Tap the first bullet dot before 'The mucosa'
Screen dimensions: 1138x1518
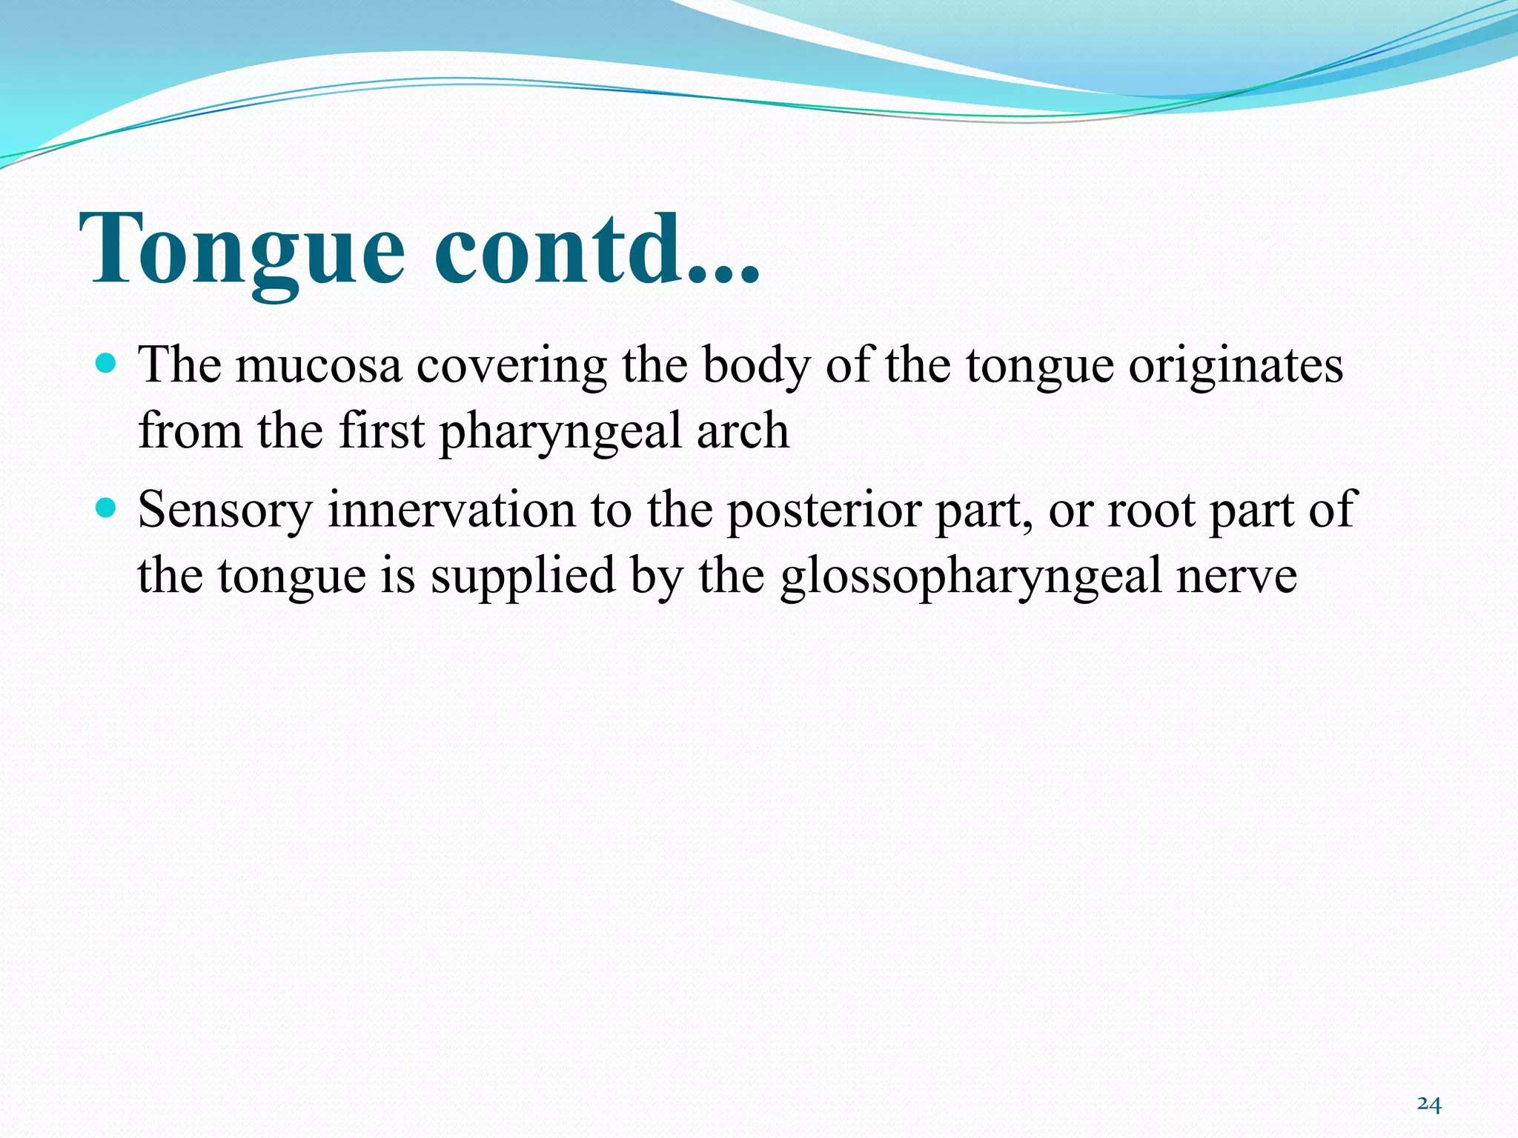pyautogui.click(x=107, y=364)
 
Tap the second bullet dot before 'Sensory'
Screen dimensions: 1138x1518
pyautogui.click(x=107, y=508)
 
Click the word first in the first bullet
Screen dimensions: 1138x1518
pyautogui.click(x=381, y=430)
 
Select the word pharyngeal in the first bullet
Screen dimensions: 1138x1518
pyautogui.click(x=560, y=432)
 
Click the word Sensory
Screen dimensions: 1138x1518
pyautogui.click(x=225, y=510)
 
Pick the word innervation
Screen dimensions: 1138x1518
pyautogui.click(x=451, y=510)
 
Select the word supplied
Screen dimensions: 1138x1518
pyautogui.click(x=523, y=576)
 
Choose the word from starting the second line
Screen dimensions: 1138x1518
pyautogui.click(x=190, y=430)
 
